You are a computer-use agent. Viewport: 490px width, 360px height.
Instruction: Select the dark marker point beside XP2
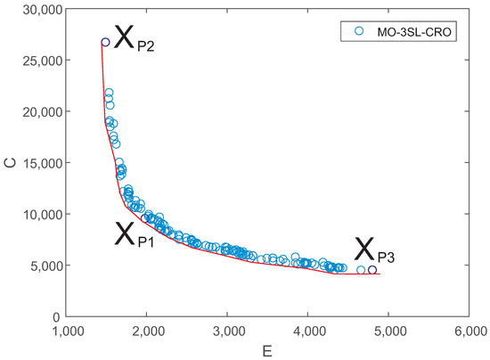pos(106,42)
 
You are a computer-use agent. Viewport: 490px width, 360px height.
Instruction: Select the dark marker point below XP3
pos(372,269)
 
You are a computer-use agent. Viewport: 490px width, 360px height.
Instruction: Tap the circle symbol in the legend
pos(359,30)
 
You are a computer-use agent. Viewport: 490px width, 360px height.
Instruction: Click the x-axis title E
pos(268,349)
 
